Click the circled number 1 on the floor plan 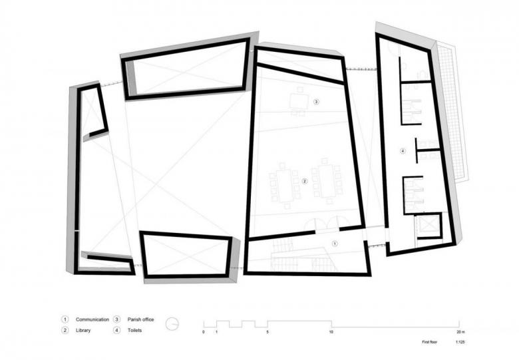(x=335, y=244)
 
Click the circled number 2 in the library (x=305, y=181)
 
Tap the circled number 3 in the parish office (x=316, y=102)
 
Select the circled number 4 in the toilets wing (x=403, y=151)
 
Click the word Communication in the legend (x=92, y=319)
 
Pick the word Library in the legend (x=83, y=330)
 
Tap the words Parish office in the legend (x=140, y=319)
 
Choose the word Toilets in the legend (x=134, y=330)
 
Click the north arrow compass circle (x=172, y=324)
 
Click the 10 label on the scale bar (x=331, y=332)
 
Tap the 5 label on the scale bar (x=267, y=332)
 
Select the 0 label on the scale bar (x=204, y=332)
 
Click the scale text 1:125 (x=460, y=342)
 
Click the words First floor (x=429, y=342)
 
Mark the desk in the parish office (x=299, y=101)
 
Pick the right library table (x=327, y=181)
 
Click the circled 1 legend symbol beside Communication (x=65, y=319)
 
